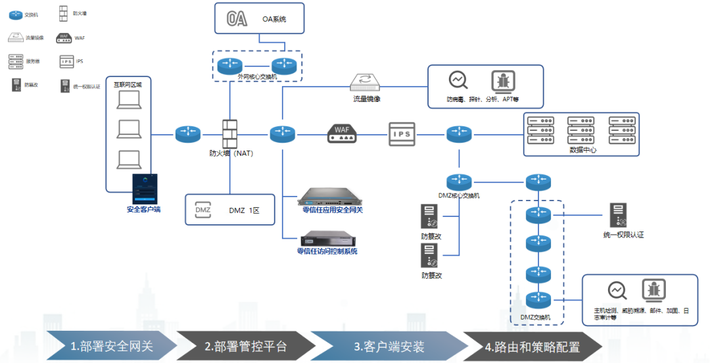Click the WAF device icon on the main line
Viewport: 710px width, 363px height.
click(343, 133)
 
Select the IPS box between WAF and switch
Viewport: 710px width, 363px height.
click(402, 134)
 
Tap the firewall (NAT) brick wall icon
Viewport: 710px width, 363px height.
click(229, 134)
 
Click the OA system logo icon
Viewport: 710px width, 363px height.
click(237, 19)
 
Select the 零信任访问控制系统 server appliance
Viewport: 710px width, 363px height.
click(327, 237)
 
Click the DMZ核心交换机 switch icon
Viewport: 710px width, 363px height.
click(459, 182)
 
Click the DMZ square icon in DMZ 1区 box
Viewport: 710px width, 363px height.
click(203, 210)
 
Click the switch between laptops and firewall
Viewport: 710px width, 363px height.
click(187, 134)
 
